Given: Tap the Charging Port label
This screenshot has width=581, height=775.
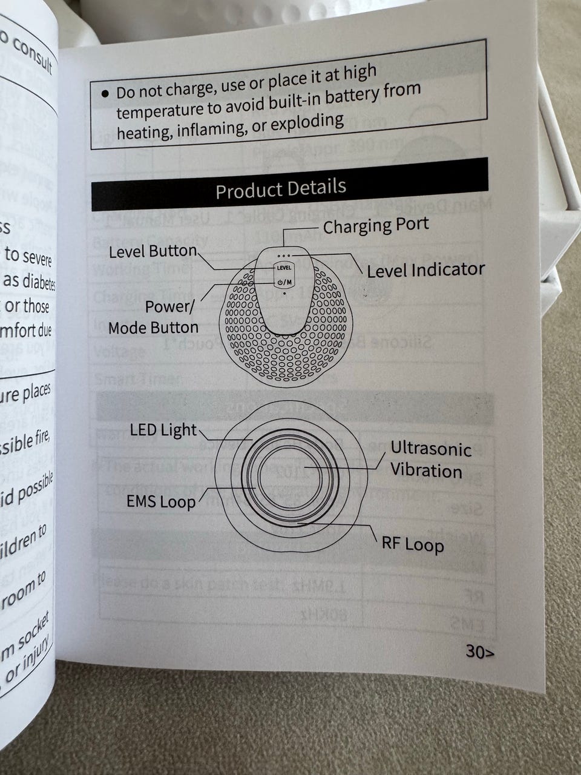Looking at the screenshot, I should (375, 226).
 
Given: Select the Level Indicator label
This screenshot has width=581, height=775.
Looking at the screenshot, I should (425, 270).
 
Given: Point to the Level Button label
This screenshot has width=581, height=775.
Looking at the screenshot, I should (153, 251).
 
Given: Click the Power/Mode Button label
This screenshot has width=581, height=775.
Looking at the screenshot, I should (154, 317).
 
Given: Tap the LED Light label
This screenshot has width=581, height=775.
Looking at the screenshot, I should (163, 430).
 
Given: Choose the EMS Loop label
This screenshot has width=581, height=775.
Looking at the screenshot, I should (161, 501).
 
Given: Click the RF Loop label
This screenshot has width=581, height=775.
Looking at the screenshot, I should (412, 543).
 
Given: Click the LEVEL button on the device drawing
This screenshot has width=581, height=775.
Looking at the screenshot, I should (284, 268).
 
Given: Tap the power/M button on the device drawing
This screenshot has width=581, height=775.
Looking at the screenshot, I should (284, 282).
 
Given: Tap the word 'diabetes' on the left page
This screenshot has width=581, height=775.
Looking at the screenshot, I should (38, 282).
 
